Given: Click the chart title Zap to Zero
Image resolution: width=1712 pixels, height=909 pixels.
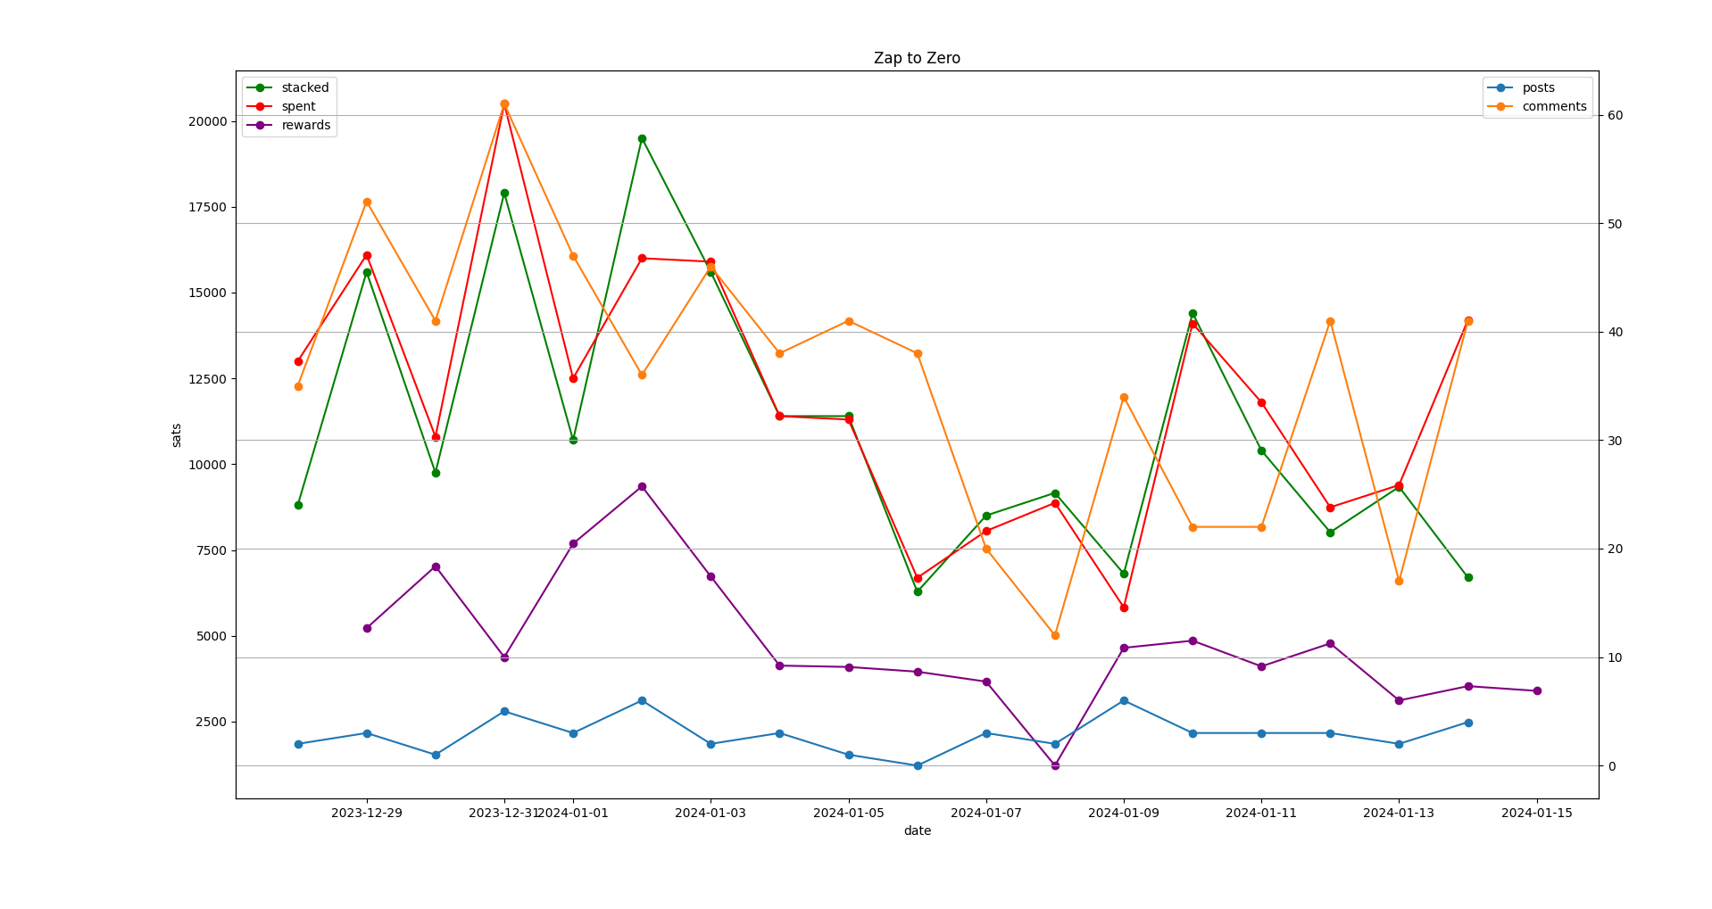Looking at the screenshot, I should (917, 59).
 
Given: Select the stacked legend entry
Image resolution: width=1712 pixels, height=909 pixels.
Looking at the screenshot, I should (304, 87).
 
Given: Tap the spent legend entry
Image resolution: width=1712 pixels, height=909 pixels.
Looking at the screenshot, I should (298, 106).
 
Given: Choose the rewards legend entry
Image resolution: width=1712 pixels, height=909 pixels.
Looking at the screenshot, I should (305, 125).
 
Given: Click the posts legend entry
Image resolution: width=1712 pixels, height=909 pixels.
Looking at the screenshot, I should (1538, 87).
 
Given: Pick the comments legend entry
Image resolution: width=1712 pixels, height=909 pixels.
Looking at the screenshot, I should (1554, 106).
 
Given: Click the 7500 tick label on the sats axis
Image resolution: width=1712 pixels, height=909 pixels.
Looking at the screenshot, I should (204, 550).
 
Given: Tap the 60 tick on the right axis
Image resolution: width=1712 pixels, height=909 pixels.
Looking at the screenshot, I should (1615, 116).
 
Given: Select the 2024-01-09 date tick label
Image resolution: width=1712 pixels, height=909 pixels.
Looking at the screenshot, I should (1124, 813).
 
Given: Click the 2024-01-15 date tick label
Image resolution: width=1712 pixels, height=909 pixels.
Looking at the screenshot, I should (1536, 813).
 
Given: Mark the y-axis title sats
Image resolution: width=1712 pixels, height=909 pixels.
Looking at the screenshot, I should (177, 435).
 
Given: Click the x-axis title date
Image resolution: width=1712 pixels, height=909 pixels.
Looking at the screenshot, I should (917, 830).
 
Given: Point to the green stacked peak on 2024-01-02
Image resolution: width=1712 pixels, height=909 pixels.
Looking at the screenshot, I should (642, 138).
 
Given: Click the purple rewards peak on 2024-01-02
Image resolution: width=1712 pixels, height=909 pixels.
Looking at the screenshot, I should (642, 486).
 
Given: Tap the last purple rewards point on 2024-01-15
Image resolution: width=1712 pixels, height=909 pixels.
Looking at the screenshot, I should (1536, 690).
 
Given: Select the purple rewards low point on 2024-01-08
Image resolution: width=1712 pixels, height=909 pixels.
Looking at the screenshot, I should (1055, 765).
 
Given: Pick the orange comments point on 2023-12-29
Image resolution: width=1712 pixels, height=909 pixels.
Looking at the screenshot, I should (367, 202).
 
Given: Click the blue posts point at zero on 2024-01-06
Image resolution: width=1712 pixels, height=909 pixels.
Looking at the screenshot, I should (918, 765).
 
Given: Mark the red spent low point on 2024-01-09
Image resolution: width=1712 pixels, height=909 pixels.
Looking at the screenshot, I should (1124, 607).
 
